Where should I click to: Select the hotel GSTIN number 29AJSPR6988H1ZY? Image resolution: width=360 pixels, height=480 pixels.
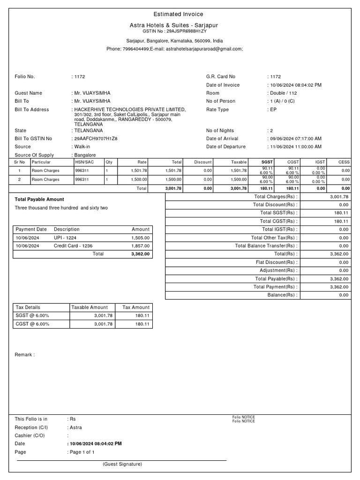point(187,30)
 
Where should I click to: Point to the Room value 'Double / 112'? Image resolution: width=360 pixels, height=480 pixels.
point(284,93)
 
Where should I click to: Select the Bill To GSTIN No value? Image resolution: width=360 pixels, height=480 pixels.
point(96,139)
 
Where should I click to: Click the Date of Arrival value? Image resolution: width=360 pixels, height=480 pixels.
point(295,139)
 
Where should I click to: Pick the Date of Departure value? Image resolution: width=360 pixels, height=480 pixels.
point(295,147)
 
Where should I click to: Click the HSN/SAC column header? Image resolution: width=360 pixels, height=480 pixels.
point(84,162)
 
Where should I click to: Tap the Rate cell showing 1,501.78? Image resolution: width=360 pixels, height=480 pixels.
point(139,171)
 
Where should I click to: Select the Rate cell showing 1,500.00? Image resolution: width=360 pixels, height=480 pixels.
point(139,180)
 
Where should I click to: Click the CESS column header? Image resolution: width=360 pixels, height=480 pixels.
point(344,162)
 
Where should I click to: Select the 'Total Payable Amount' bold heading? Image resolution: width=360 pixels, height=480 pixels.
point(39,199)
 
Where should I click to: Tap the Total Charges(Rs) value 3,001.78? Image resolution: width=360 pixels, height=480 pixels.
point(339,197)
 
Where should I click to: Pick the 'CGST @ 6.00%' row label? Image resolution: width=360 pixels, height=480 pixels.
point(32,324)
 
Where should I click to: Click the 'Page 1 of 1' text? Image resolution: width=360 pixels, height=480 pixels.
point(82,452)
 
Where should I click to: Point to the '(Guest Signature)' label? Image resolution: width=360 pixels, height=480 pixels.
point(122,464)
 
